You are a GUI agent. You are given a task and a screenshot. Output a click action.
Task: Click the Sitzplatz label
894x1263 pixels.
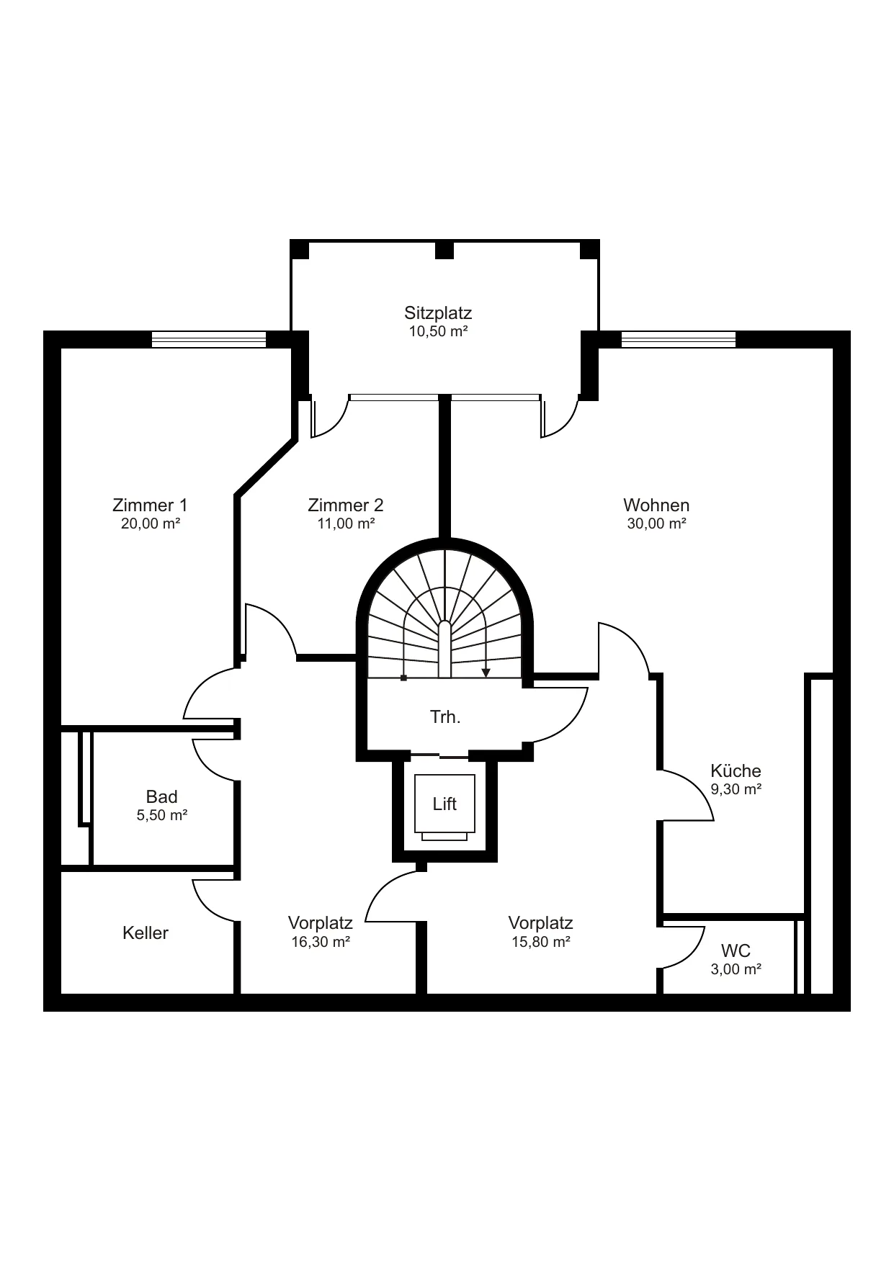438,313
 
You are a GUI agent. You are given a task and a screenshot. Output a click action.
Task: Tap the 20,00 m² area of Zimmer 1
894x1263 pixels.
151,523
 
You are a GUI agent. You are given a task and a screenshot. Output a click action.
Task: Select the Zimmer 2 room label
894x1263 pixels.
346,505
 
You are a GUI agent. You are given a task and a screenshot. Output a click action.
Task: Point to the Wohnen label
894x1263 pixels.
656,505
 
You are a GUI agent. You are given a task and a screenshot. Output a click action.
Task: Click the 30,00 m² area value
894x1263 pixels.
656,523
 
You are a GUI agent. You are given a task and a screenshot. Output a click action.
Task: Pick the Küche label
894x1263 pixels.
736,770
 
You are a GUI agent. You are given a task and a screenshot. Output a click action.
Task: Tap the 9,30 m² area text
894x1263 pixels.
736,789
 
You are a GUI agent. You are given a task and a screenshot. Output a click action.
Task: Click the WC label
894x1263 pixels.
736,951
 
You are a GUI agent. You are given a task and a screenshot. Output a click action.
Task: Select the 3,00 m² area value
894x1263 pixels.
736,970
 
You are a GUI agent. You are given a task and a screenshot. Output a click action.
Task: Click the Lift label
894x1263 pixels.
444,804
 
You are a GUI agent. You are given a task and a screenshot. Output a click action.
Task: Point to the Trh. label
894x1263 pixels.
445,717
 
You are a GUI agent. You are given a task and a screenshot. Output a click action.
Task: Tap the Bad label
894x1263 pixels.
161,796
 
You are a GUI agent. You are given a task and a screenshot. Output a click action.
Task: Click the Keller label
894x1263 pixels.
146,932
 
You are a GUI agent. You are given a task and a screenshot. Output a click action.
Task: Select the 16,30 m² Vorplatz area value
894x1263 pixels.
321,942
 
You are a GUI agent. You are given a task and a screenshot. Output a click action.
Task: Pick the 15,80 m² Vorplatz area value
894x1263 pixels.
541,942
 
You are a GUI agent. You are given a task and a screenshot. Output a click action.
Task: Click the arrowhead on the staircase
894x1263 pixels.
486,673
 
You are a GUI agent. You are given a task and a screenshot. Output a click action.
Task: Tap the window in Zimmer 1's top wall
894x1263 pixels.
209,339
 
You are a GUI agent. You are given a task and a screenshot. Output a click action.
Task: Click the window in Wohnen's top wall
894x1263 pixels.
679,339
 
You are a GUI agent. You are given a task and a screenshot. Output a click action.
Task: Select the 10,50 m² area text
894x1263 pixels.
439,332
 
